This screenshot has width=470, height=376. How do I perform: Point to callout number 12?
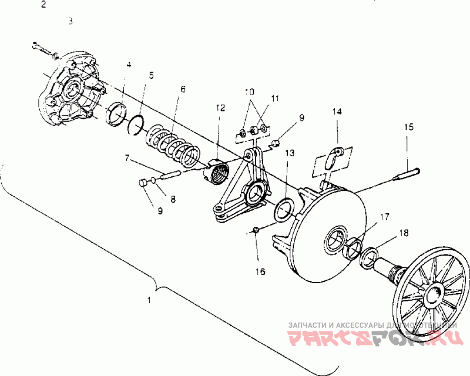click(x=220, y=108)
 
